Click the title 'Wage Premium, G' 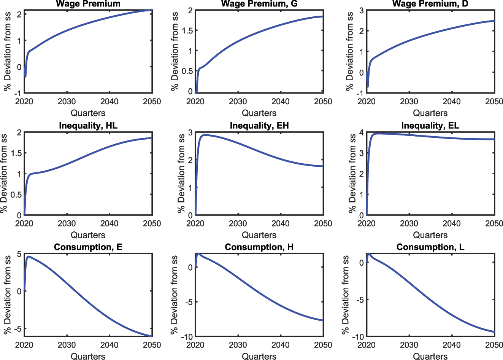259,4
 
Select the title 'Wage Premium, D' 430,4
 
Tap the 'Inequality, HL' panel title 88,126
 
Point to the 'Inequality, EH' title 259,126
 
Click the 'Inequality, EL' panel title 430,126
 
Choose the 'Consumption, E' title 88,247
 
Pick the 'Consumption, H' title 259,247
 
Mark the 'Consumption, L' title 430,247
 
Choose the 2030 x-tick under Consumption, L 409,345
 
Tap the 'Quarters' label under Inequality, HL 88,235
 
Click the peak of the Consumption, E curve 29,256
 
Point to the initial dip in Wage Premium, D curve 368,86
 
